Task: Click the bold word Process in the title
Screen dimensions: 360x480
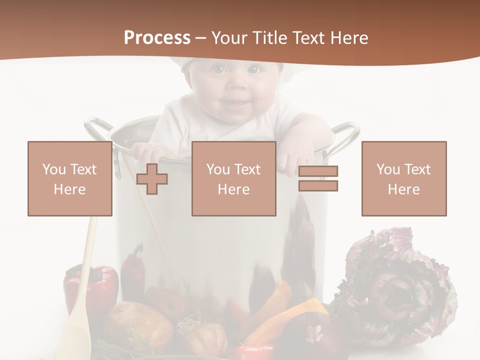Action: coord(157,37)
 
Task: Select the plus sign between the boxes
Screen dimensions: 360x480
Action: coord(152,178)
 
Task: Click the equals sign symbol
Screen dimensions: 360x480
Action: coord(318,178)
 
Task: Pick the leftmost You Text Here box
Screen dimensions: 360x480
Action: coord(69,178)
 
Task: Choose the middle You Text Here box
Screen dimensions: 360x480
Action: coord(233,178)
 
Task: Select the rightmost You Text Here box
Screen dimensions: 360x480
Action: coord(403,178)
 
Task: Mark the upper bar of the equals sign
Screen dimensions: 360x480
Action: coord(318,171)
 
